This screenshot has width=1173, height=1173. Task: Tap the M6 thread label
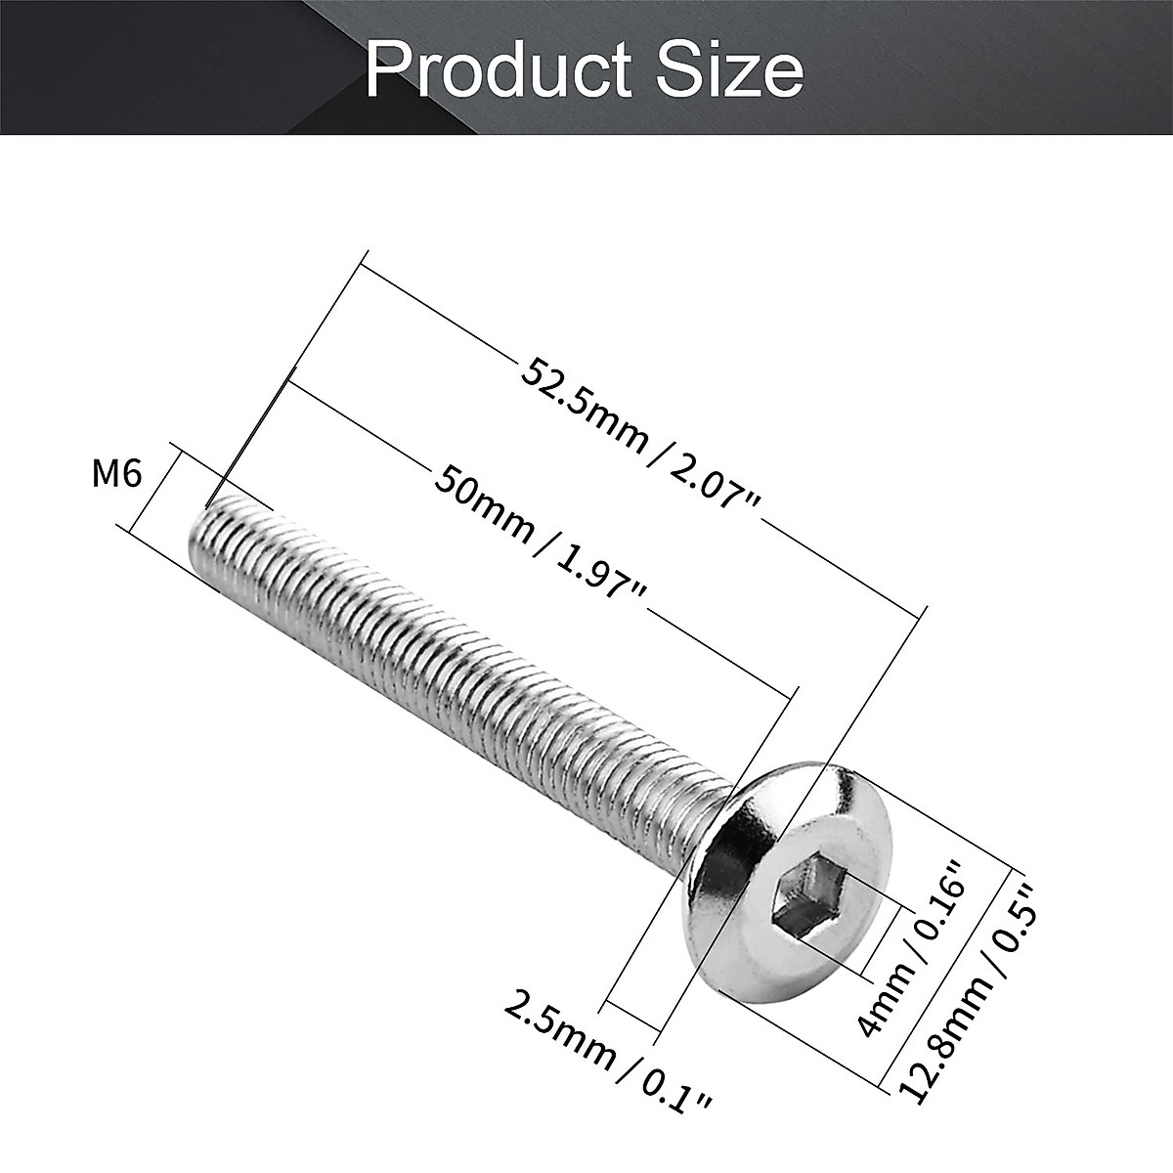[117, 474]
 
